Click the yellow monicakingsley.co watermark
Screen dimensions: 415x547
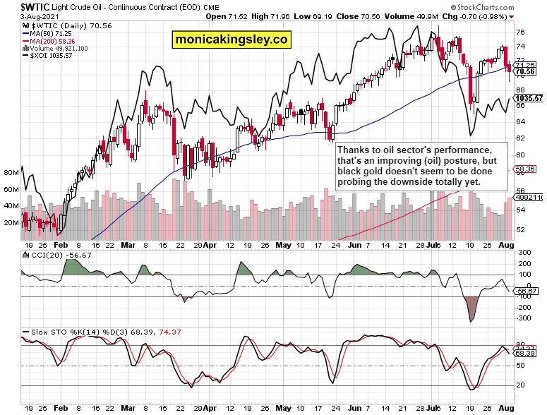click(231, 40)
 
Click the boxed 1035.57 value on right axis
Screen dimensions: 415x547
click(529, 98)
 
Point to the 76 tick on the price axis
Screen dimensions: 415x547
click(520, 32)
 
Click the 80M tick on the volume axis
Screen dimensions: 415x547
click(11, 173)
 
